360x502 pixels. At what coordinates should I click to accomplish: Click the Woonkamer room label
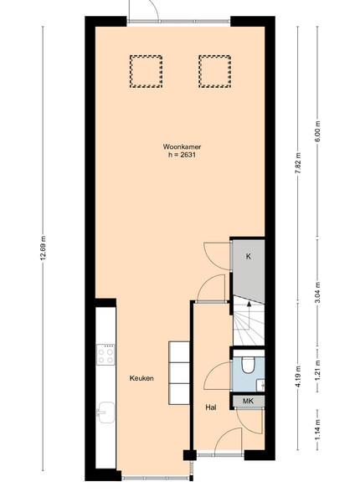182,147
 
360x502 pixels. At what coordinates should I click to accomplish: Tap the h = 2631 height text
182,156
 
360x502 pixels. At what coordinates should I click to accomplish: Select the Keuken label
141,378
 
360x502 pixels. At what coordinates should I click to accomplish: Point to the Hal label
211,407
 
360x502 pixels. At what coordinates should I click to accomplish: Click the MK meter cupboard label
248,401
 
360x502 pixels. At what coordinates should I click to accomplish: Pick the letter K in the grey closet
248,257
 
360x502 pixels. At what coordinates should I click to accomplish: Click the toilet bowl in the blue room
248,366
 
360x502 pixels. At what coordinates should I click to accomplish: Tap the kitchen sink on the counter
105,412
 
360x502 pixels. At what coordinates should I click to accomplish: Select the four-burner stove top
105,355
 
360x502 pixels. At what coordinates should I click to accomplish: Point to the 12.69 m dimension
44,248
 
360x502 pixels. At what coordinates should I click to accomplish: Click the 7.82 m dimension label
298,163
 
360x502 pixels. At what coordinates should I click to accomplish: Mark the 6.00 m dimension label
317,132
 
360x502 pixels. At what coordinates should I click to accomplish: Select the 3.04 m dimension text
317,293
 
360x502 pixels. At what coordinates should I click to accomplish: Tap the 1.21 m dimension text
317,371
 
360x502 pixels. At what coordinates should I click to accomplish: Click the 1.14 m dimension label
317,430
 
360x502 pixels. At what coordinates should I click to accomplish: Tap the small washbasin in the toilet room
261,385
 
